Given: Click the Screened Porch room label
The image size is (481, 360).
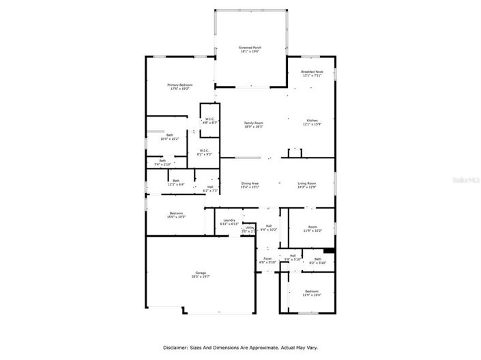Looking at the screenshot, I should point(250,50).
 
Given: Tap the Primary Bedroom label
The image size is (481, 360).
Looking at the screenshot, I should point(180,87).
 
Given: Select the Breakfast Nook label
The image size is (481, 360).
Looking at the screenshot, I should point(312,73).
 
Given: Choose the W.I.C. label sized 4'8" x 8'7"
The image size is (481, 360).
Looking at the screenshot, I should point(211,121).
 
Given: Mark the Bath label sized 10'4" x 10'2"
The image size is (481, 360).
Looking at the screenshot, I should point(169,136).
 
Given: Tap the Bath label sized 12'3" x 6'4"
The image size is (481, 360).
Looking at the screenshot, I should point(175,182).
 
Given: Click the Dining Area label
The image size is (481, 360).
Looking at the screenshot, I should point(250,185).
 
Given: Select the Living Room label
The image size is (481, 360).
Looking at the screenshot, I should point(306,185).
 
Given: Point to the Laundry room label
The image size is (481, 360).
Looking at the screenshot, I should point(229,222).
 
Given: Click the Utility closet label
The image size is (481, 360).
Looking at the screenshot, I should point(250,229).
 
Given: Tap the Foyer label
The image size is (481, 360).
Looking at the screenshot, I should point(268,260).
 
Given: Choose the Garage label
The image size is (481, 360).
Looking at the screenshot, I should point(200,274).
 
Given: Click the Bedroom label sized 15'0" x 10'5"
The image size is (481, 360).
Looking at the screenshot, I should point(176,215).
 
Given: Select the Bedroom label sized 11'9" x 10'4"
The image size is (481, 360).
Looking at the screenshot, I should point(311,292).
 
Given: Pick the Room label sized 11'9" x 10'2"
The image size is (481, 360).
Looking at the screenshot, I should point(312,229).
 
